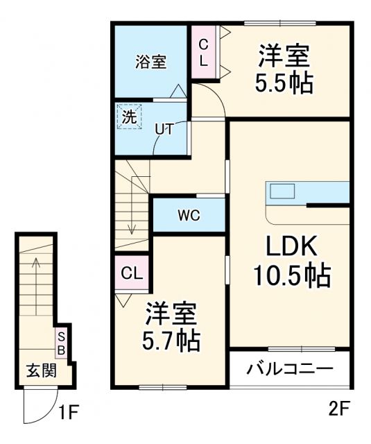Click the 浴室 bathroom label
150,61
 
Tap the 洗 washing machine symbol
129,117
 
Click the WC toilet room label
188,215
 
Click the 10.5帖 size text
291,277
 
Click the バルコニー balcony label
290,367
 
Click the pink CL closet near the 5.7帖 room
131,273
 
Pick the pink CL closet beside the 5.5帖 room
204,52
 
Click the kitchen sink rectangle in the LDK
283,191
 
